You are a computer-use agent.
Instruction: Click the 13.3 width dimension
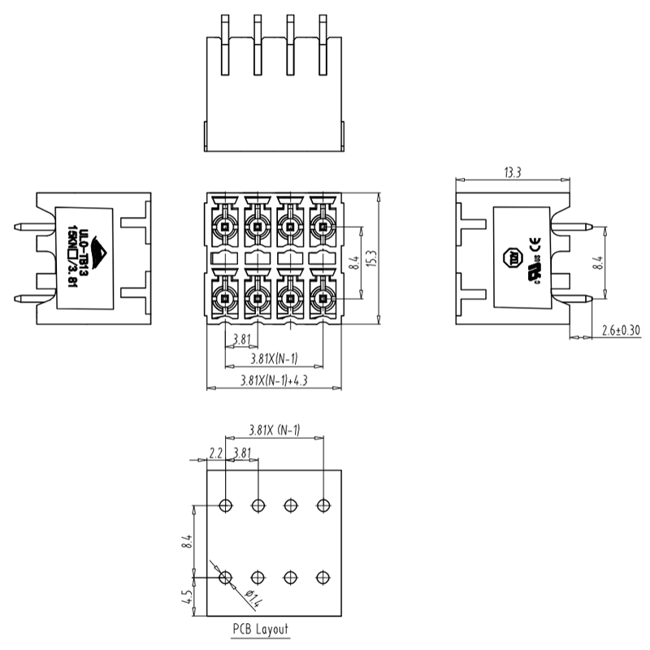(512, 172)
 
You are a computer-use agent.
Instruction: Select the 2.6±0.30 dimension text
(621, 330)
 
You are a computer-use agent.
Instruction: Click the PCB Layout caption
(260, 629)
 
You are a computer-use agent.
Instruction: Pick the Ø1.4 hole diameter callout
(253, 601)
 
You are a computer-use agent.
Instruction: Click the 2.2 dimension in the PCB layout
(215, 452)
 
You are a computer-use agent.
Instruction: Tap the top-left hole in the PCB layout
(226, 505)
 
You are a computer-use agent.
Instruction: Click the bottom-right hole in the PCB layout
(323, 577)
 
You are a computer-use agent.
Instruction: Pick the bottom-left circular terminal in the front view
(225, 300)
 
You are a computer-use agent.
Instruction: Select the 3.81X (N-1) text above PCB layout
(274, 430)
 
